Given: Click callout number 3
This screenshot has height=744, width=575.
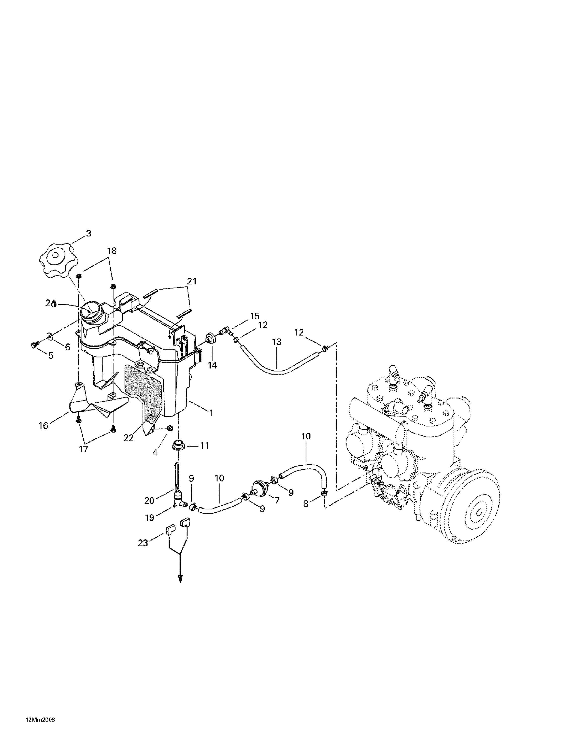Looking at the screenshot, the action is point(88,233).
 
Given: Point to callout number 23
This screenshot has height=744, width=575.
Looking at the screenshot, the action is point(143,543).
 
